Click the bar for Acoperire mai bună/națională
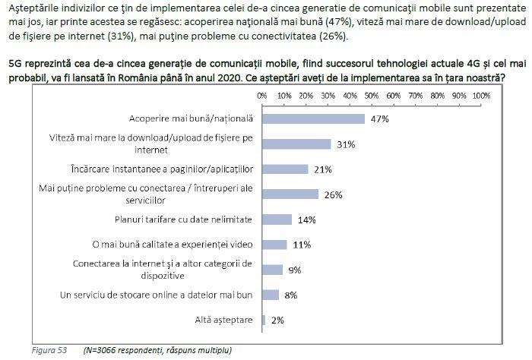click(x=313, y=118)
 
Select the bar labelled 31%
click(x=296, y=144)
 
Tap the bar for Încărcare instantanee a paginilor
click(x=285, y=169)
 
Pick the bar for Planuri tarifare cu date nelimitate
click(x=277, y=219)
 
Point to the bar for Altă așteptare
click(x=264, y=320)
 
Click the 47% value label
click(x=379, y=119)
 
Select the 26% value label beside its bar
click(x=334, y=195)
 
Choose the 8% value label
click(x=291, y=295)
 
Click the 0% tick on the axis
click(x=262, y=96)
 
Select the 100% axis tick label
click(x=481, y=96)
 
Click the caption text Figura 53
click(x=49, y=350)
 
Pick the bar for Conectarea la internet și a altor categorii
click(x=272, y=270)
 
